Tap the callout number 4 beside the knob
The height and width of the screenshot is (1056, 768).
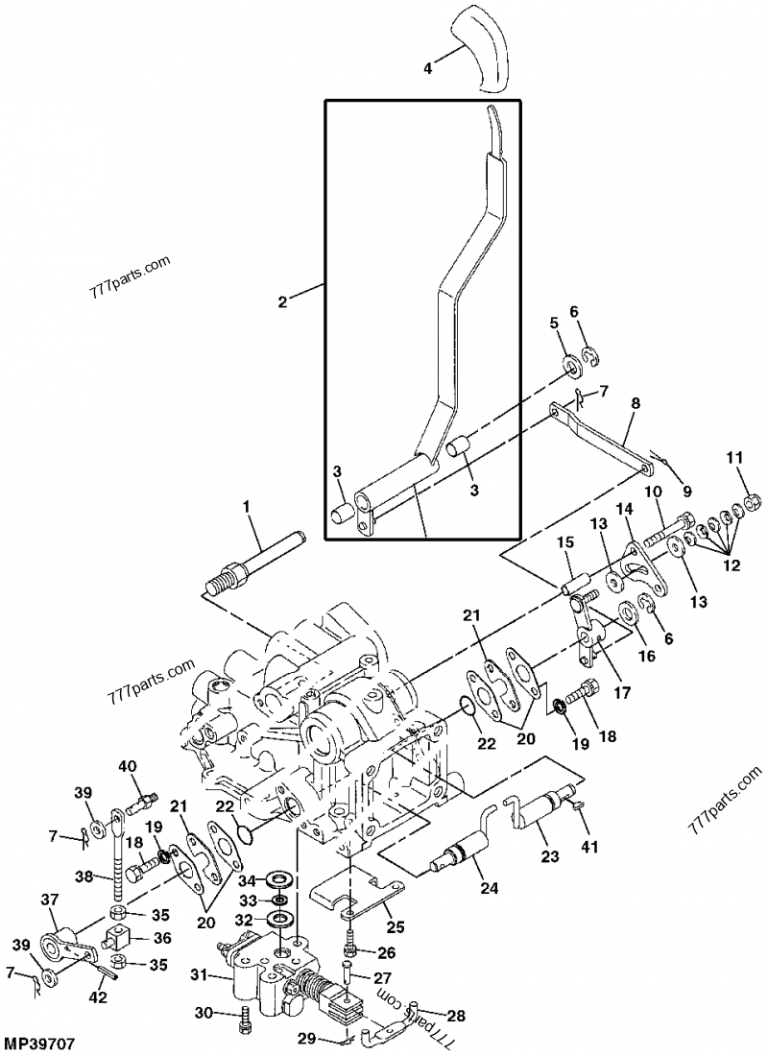[429, 67]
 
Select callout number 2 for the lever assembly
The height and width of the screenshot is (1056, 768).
[282, 301]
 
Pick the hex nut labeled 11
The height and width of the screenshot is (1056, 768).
[754, 502]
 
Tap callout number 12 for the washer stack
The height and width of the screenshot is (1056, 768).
[732, 565]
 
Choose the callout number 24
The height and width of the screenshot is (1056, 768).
[490, 889]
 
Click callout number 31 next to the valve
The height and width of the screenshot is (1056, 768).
[197, 975]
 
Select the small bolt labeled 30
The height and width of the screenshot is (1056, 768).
[245, 1016]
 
